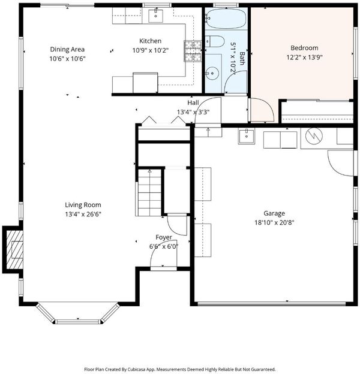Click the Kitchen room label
pyautogui.click(x=150, y=41)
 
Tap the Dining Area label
pyautogui.click(x=67, y=49)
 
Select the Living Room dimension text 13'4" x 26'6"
pyautogui.click(x=83, y=214)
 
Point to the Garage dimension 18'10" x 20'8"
pyautogui.click(x=274, y=222)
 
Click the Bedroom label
pyautogui.click(x=304, y=48)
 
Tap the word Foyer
pyautogui.click(x=164, y=237)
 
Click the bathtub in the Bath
pyautogui.click(x=226, y=19)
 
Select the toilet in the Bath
pyautogui.click(x=215, y=41)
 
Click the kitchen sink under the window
pyautogui.click(x=155, y=16)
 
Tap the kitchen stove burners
pyautogui.click(x=193, y=52)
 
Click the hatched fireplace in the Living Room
pyautogui.click(x=15, y=249)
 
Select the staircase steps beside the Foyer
pyautogui.click(x=149, y=192)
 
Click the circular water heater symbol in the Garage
pyautogui.click(x=314, y=136)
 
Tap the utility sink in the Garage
pyautogui.click(x=247, y=136)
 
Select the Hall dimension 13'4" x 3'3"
pyautogui.click(x=193, y=112)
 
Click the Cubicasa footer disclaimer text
pyautogui.click(x=180, y=369)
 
